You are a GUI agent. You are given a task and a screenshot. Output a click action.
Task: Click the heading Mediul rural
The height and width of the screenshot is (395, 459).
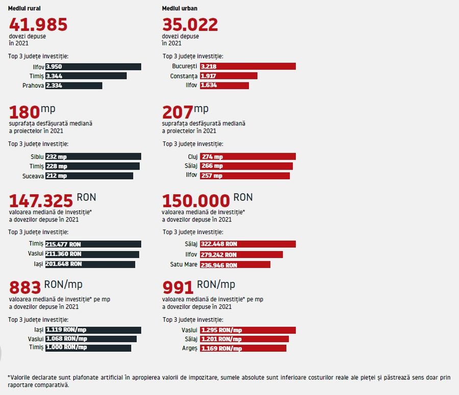click(x=24, y=9)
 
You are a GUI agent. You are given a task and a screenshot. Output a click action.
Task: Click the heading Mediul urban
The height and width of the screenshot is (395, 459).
click(x=180, y=9)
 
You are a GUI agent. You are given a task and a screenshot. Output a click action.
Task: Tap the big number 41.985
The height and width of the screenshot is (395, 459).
click(x=38, y=24)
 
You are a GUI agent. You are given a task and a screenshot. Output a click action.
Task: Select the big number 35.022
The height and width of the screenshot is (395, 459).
click(x=190, y=24)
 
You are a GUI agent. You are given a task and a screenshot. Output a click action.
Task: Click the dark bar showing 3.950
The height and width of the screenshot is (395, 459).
click(x=93, y=67)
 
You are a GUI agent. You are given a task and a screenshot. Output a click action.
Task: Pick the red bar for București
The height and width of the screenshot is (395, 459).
click(x=248, y=67)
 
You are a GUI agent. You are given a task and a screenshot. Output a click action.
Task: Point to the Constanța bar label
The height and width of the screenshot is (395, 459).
click(x=184, y=76)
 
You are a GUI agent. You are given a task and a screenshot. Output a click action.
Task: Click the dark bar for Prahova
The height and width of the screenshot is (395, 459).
click(x=73, y=86)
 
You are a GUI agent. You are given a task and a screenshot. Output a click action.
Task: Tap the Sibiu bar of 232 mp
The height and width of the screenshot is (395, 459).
click(x=93, y=157)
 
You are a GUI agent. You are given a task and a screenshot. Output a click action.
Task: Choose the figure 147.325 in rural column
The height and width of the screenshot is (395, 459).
click(x=41, y=200)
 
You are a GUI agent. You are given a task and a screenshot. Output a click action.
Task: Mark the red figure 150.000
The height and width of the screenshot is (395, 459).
click(x=196, y=200)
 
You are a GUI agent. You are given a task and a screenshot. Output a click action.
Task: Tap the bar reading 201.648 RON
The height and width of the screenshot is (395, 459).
click(x=90, y=264)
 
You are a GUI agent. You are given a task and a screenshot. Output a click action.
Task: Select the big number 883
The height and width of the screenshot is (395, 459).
click(x=25, y=287)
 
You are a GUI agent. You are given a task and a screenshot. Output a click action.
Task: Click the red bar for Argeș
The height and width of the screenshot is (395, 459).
click(x=243, y=348)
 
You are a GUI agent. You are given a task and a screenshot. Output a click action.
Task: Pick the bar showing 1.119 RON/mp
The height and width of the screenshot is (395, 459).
click(x=93, y=330)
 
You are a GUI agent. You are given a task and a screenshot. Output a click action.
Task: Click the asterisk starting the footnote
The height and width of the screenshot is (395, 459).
click(x=9, y=377)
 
